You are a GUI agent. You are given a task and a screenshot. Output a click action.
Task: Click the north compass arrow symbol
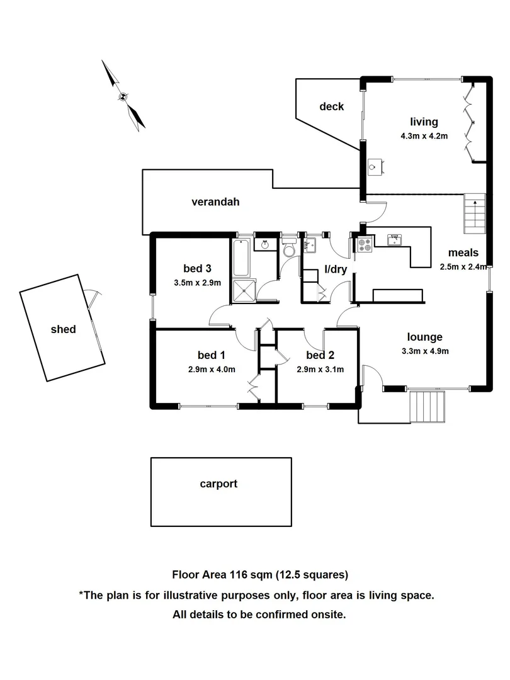[123, 96]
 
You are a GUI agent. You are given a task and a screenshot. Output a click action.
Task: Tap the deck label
[331, 106]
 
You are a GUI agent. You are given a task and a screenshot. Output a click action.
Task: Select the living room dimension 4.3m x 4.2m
[424, 136]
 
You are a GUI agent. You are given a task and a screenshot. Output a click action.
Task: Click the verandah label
[215, 201]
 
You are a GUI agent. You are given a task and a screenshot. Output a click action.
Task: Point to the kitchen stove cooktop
[365, 245]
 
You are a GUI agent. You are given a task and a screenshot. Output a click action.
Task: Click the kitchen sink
[395, 240]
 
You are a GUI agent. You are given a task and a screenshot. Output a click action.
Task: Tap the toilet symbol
[288, 247]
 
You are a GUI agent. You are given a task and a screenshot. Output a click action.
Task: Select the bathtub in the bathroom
[241, 257]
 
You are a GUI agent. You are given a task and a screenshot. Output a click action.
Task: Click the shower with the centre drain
[244, 290]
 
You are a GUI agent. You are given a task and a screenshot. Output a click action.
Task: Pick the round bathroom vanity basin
[264, 244]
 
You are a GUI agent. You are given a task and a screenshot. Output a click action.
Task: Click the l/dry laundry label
[336, 269]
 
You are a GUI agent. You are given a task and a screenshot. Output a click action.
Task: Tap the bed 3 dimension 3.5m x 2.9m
[197, 283]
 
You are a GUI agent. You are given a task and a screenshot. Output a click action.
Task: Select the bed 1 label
[211, 355]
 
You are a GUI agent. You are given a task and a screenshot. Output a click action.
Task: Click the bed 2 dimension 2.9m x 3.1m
[320, 370]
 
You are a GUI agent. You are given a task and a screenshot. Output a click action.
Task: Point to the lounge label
[424, 337]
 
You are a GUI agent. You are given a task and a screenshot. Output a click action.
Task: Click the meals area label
[463, 252]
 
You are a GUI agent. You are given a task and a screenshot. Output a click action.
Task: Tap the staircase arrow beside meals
[475, 213]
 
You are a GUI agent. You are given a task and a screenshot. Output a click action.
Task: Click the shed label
[64, 329]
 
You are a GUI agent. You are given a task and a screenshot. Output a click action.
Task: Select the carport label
[218, 484]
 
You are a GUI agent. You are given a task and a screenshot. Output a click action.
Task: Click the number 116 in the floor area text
[239, 575]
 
